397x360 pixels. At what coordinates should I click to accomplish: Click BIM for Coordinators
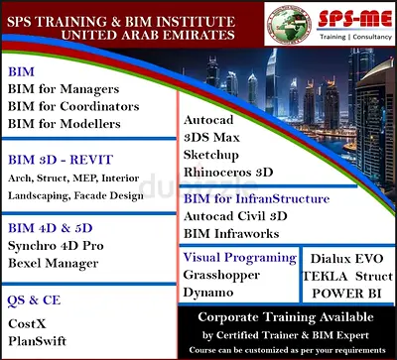[72, 107]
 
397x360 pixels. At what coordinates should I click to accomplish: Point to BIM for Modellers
[64, 124]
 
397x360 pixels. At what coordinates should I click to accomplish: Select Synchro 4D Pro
[57, 248]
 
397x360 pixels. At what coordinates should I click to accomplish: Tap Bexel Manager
[53, 264]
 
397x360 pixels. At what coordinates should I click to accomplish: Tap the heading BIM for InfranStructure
[256, 199]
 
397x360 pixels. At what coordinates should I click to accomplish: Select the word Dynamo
[208, 293]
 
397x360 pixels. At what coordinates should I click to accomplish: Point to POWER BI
[348, 294]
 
